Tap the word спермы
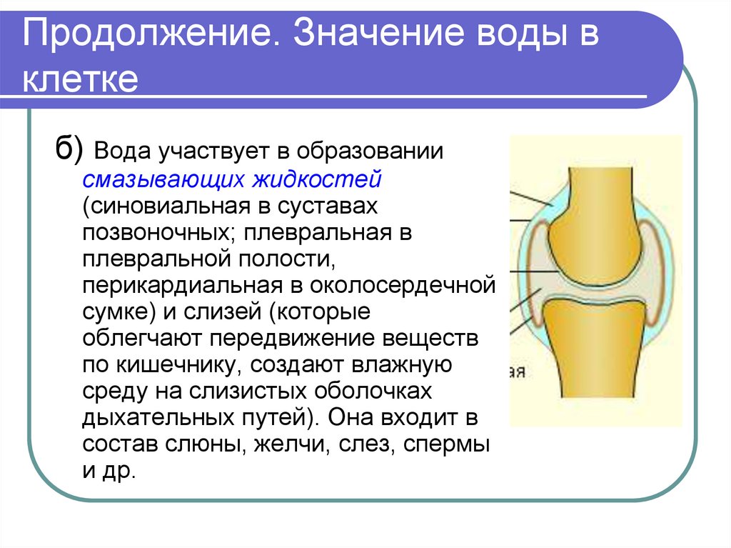(x=446, y=445)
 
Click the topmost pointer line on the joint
(x=532, y=198)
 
